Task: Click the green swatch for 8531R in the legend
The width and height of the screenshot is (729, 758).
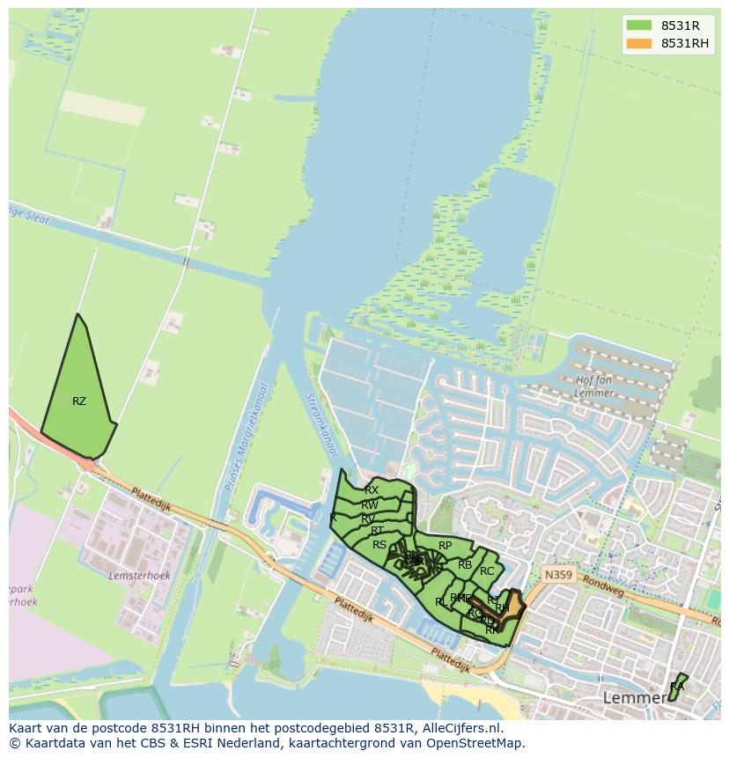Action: [639, 26]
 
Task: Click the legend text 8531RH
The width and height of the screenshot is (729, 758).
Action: [685, 43]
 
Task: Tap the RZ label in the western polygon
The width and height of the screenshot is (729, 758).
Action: [79, 401]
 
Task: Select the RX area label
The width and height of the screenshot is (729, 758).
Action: [372, 490]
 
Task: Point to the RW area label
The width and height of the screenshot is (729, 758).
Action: [370, 505]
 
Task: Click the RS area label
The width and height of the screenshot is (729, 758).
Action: [379, 545]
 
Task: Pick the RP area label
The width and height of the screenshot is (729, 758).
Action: [445, 546]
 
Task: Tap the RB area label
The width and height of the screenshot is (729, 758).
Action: [465, 565]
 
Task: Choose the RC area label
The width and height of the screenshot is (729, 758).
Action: [487, 571]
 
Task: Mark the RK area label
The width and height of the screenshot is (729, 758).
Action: [492, 630]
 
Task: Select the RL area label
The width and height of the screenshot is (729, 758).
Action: [439, 602]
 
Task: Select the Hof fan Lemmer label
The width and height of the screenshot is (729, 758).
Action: [594, 386]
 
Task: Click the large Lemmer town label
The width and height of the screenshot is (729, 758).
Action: [635, 698]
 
